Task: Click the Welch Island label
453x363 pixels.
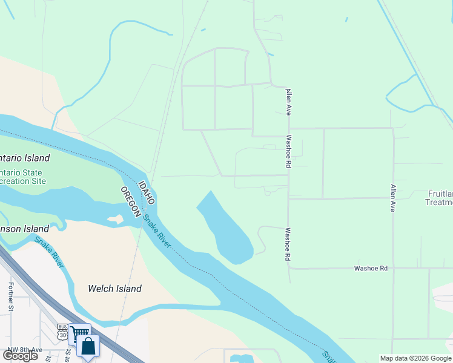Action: tap(114, 289)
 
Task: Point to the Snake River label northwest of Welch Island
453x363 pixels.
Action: tap(49, 252)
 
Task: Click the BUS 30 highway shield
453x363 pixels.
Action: tap(62, 330)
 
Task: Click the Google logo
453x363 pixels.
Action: tap(20, 355)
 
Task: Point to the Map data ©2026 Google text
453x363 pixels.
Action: tap(415, 358)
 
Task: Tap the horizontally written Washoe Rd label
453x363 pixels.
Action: tap(371, 267)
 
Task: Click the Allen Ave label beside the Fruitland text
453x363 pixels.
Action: tap(392, 198)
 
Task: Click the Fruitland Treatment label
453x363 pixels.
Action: tap(440, 198)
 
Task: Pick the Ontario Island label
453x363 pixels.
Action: tap(24, 158)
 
